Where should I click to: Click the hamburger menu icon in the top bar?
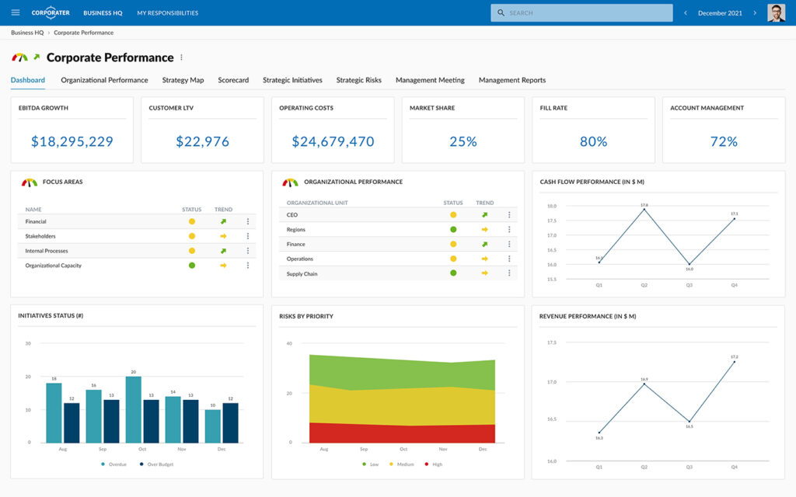16,12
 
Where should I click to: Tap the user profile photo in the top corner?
776,12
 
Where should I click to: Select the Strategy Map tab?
183,80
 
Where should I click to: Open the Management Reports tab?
511,80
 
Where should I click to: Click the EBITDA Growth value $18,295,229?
72,141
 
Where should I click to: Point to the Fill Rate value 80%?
593,141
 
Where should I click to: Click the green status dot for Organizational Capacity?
192,266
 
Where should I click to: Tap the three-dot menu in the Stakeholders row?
248,236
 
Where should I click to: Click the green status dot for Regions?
453,230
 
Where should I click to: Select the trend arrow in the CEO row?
484,215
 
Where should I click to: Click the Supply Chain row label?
302,274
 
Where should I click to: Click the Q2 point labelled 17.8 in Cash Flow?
644,210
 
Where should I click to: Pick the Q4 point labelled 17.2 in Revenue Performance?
734,362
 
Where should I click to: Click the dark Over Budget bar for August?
72,422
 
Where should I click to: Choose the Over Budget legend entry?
159,464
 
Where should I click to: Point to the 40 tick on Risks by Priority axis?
288,343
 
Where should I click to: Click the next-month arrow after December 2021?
755,12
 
